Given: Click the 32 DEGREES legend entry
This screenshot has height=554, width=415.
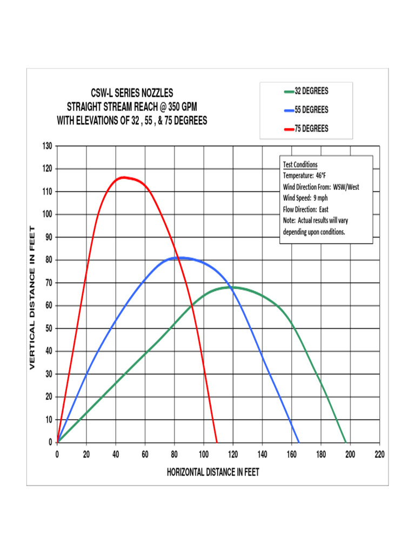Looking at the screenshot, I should coord(306,91).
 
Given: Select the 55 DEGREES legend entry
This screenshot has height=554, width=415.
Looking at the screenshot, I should coord(306,110).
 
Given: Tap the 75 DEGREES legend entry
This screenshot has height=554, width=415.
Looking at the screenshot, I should coord(306,129).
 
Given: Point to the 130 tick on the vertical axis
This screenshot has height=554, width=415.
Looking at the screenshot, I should coord(47,146).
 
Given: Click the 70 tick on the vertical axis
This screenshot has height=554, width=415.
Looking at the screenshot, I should coord(49,283).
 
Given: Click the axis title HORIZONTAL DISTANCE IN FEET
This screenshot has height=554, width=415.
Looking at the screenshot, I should coord(213,472).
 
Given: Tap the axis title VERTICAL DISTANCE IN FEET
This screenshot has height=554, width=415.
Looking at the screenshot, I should coord(32,298).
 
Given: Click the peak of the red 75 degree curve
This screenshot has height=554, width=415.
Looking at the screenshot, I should coord(124,177).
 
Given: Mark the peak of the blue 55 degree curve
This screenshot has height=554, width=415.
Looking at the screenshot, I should coord(181,258).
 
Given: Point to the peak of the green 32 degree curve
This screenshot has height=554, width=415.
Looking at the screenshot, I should coord(232,287).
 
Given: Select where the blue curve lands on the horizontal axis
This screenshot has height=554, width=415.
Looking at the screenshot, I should coord(299,442).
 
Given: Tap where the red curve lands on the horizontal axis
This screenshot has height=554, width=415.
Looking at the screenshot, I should coord(217,442).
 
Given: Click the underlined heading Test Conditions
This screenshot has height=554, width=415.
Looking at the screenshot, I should coord(300,164).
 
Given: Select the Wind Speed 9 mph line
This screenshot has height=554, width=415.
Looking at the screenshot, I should coord(305,198).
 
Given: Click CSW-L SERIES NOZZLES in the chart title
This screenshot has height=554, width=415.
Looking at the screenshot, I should coord(132,93).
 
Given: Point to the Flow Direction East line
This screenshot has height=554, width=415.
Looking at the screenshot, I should coord(305,209).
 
